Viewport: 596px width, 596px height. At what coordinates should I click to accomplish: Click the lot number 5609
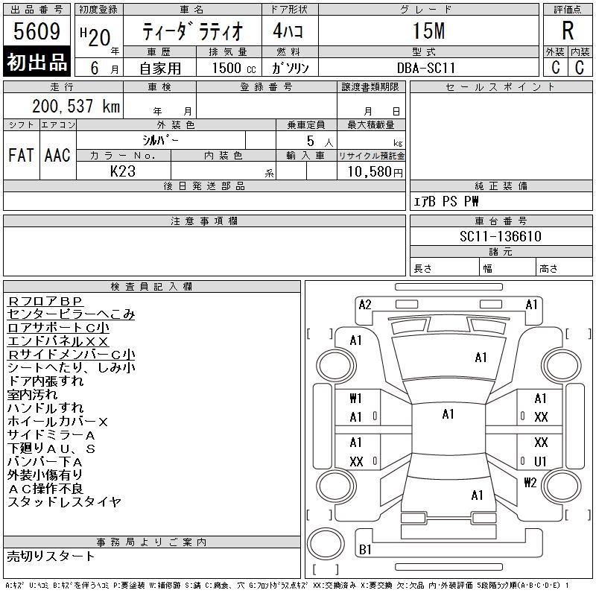[x=37, y=31]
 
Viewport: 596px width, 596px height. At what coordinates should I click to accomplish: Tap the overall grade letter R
[x=568, y=31]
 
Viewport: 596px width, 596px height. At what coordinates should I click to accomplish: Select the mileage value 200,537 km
[x=76, y=106]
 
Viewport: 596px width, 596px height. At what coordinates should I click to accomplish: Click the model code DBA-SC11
[x=425, y=68]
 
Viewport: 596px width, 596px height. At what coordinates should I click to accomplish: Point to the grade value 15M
[x=429, y=31]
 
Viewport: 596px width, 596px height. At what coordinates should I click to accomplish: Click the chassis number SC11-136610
[x=500, y=236]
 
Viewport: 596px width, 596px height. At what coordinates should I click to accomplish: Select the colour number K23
[x=123, y=171]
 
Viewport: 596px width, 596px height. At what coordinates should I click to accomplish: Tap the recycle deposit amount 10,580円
[x=375, y=171]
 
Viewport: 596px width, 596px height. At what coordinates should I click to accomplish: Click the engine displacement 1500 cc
[x=234, y=68]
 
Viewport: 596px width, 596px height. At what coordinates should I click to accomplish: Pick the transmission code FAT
[x=21, y=155]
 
